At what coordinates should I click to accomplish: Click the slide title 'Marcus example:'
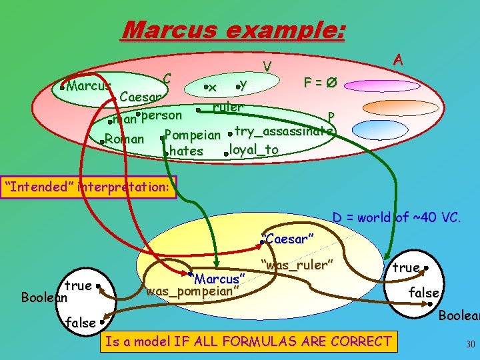[x=234, y=29]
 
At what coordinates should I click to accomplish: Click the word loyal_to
[x=253, y=149]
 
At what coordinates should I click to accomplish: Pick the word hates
[x=186, y=151]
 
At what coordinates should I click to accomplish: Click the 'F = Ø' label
[x=319, y=83]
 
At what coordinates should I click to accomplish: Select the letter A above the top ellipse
[x=398, y=59]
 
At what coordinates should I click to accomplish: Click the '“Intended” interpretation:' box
[x=89, y=187]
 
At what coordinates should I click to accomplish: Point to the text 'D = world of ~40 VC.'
[x=396, y=217]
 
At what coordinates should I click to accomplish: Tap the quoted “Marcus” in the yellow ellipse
[x=217, y=276]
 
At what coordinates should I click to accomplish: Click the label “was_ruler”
[x=297, y=265]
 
